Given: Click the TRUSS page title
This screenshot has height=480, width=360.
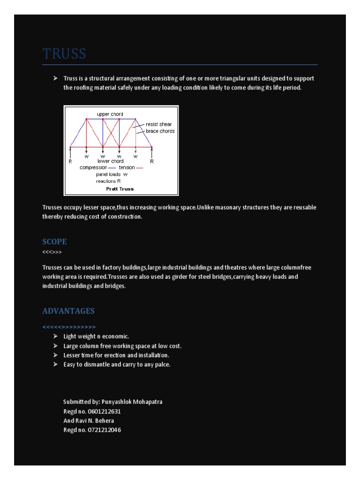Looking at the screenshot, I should (64, 54).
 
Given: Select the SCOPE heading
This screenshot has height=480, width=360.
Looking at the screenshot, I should (54, 242).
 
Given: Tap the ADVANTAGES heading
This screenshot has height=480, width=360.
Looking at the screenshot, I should (68, 311).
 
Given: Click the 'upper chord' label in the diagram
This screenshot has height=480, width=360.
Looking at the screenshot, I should (110, 114).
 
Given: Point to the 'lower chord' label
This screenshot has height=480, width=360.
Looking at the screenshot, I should (110, 161).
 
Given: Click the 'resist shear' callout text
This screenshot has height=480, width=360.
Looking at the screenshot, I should (159, 125).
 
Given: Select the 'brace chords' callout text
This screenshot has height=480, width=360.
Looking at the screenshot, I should (160, 131).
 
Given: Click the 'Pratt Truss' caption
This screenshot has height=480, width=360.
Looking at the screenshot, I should (120, 189).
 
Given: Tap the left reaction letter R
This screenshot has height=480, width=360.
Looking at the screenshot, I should (70, 161).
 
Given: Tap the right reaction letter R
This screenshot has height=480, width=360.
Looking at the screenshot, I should (152, 161).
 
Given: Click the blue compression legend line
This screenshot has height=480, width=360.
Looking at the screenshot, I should (112, 168).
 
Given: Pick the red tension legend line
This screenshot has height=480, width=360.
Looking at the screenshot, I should (139, 168).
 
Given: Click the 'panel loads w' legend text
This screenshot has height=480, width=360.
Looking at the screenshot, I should (112, 174).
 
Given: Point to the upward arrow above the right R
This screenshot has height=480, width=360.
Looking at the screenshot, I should (152, 152).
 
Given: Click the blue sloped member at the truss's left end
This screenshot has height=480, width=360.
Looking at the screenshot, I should (78, 133).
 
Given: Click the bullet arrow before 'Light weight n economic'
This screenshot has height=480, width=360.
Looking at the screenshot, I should (55, 337).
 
